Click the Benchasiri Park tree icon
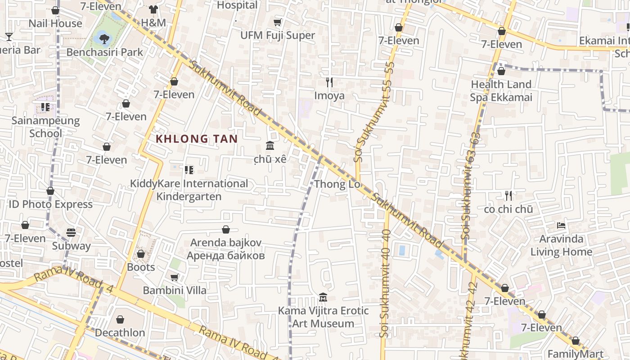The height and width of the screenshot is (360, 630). coord(104,39)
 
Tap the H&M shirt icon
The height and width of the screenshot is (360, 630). coord(153,9)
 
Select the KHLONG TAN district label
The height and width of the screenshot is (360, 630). coord(197,139)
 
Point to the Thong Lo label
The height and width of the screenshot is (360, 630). coord(337,184)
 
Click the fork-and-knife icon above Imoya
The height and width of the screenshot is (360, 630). coord(329,82)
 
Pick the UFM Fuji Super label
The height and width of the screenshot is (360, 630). coord(278,35)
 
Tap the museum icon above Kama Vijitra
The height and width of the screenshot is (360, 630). coord(323,297)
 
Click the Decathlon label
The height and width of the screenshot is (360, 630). coord(120,333)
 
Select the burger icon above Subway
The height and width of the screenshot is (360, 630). coord(71,233)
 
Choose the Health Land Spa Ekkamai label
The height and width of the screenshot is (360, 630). coord(501,91)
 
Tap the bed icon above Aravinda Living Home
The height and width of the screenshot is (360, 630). coord(561,225)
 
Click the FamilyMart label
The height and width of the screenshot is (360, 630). coord(575,353)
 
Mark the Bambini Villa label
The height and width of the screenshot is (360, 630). coord(175,290)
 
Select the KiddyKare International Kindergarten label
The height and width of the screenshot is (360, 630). coord(189,190)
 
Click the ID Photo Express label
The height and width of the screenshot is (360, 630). coord(50,204)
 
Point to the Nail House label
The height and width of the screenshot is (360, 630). coord(55,23)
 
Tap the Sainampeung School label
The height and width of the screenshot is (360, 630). coord(45,127)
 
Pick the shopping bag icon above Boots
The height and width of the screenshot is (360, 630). coord(141,254)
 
